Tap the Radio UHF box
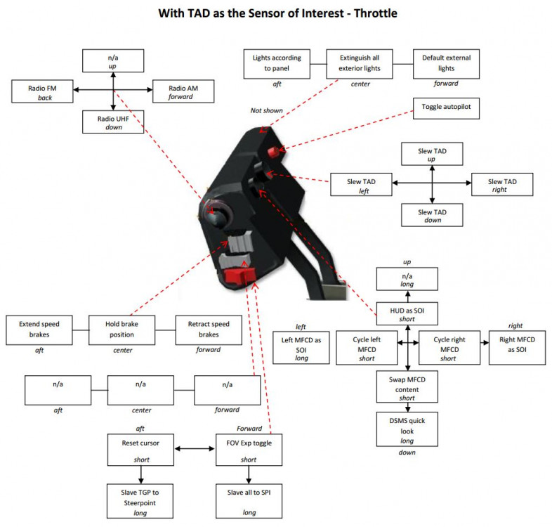[x=113, y=121]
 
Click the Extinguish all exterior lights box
[x=360, y=64]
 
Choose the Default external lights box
[x=446, y=64]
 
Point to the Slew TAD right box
[x=503, y=185]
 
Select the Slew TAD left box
[x=360, y=185]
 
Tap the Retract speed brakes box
[x=209, y=329]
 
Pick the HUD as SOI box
[x=407, y=315]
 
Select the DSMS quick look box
[x=407, y=429]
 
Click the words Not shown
[x=265, y=110]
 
